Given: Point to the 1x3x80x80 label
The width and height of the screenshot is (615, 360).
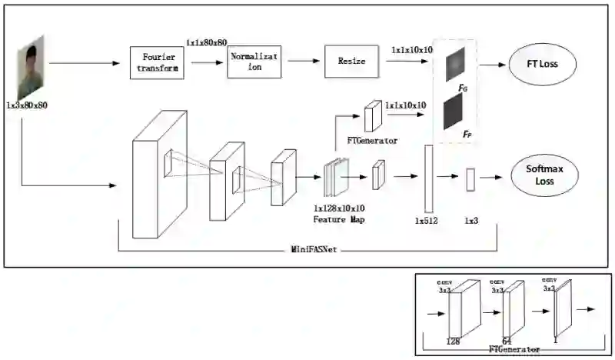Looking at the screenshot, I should pos(26,105).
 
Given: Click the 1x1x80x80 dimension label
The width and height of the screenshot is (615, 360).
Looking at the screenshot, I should pos(206,42).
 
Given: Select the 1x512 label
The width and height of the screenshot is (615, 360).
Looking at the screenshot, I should pos(427,221).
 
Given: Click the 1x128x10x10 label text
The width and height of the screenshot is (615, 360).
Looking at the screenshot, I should pos(339,208).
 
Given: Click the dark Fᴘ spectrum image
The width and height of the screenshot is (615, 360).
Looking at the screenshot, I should pos(454,112).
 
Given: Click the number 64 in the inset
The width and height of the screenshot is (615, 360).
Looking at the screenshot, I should pos(507,339).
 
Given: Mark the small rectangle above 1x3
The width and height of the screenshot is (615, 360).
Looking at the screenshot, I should pos(470,178).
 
